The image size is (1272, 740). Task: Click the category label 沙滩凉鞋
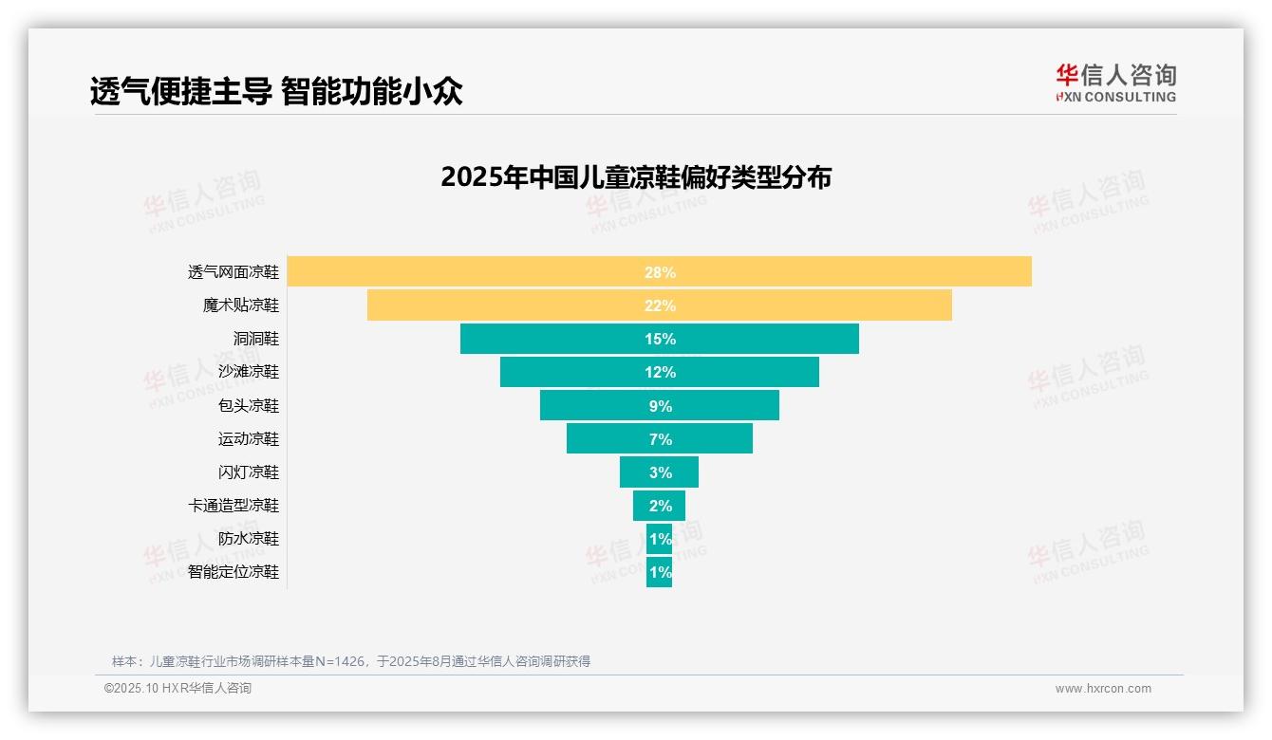click(x=249, y=372)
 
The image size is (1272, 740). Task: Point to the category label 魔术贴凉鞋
click(x=241, y=305)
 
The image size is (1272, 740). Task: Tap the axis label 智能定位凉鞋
click(x=234, y=572)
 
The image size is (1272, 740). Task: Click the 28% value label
click(x=660, y=272)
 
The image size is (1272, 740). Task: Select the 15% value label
click(x=660, y=339)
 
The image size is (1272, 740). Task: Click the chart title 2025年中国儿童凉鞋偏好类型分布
click(x=636, y=177)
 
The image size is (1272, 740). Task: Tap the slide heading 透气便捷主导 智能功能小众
click(x=276, y=91)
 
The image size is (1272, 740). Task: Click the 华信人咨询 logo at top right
click(x=1115, y=83)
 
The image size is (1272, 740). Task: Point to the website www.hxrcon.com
click(x=1103, y=689)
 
